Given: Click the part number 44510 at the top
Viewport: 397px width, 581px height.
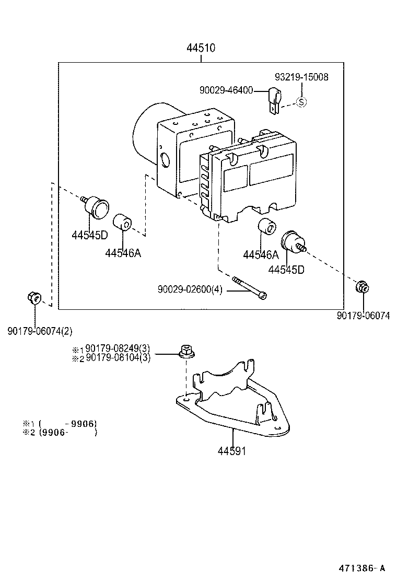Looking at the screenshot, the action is click(x=201, y=48).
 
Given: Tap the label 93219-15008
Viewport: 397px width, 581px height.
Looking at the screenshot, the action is click(x=301, y=77).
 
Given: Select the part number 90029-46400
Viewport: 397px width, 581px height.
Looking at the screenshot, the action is click(x=226, y=90).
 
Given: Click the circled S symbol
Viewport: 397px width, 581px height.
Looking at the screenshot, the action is click(x=301, y=102).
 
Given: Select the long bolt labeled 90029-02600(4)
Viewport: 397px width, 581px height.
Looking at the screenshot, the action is click(x=250, y=287).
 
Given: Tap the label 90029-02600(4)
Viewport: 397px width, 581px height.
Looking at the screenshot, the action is click(x=190, y=289).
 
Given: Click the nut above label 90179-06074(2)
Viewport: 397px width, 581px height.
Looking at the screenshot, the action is click(x=34, y=297).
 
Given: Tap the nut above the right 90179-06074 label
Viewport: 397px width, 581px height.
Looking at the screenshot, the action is click(x=363, y=287).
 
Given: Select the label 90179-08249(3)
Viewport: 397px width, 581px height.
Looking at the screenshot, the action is click(x=118, y=348).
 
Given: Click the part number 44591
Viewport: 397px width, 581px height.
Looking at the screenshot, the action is click(x=232, y=451).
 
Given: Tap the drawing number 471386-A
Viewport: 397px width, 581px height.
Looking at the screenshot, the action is click(x=361, y=568).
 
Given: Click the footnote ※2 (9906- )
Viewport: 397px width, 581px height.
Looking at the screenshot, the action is click(x=60, y=433).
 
